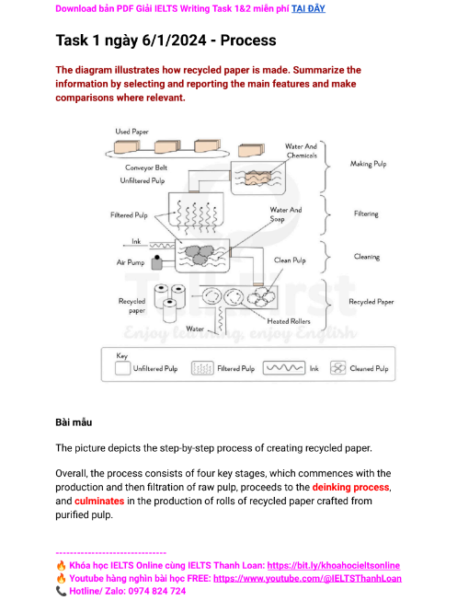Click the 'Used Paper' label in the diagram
click(x=131, y=132)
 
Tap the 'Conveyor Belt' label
click(x=146, y=168)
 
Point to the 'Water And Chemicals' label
click(x=301, y=150)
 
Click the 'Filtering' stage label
click(x=366, y=213)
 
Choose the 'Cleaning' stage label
click(x=367, y=257)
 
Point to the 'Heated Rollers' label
click(x=289, y=321)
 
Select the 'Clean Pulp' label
click(x=290, y=260)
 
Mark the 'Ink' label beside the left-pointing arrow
click(x=135, y=242)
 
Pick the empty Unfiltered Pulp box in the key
click(x=121, y=368)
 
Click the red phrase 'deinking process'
click(x=351, y=486)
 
